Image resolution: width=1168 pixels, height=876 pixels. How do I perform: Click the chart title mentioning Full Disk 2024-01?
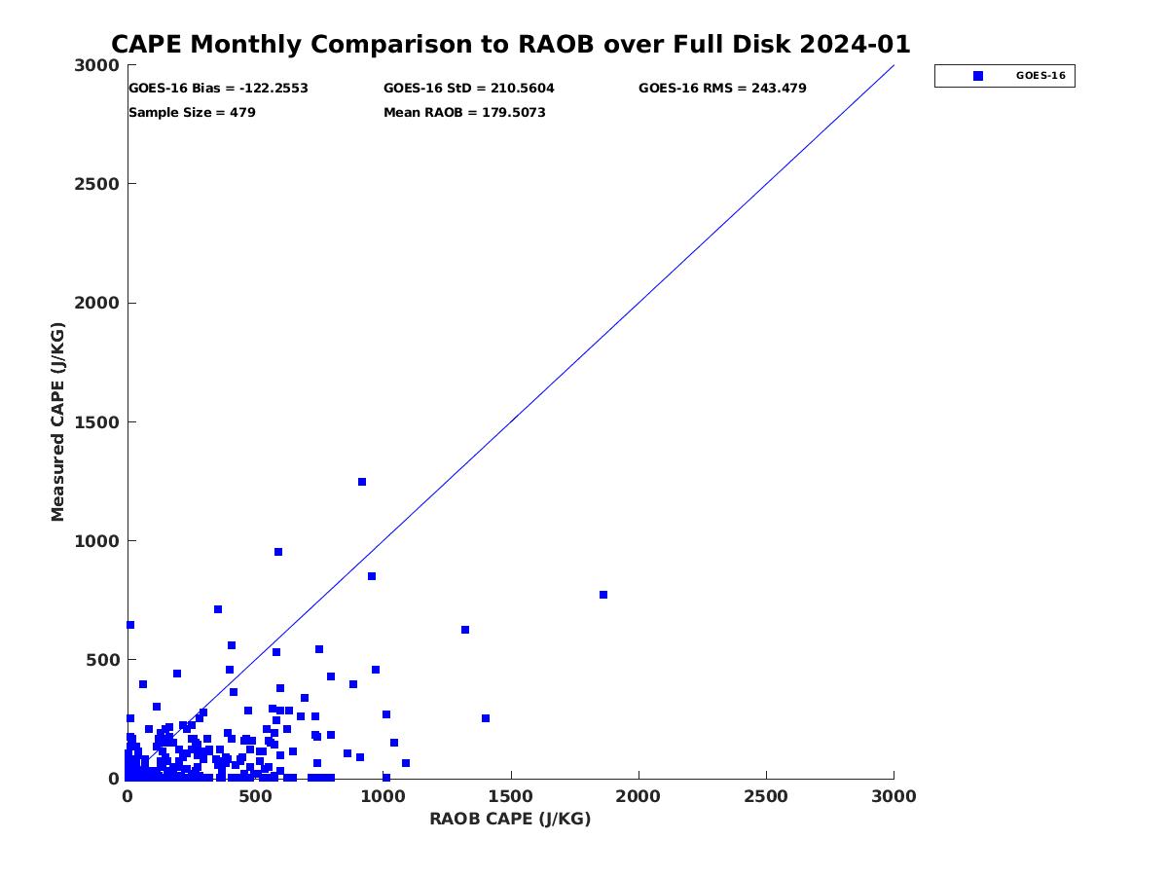coord(511,45)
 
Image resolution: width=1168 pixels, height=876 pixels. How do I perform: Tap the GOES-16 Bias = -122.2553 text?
coord(218,89)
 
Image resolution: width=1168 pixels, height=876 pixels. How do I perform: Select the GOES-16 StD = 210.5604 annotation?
coord(469,89)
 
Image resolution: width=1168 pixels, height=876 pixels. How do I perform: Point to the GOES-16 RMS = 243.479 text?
coord(722,89)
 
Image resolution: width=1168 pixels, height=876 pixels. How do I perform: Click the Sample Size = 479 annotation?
coord(192,113)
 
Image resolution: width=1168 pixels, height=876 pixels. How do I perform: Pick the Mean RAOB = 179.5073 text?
coord(464,113)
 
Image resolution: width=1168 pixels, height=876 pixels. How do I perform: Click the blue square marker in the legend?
coord(978,76)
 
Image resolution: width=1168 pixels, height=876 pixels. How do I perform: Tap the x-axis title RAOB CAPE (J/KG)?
coord(510,820)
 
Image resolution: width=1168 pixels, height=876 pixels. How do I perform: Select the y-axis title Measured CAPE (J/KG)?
coord(58,423)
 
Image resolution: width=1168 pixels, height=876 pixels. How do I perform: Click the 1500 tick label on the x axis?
coord(511,797)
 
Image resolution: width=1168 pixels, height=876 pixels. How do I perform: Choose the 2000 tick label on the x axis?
coord(639,797)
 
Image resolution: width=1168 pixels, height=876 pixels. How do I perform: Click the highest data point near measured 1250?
coord(362,482)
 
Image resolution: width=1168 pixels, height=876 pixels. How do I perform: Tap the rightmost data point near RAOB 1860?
coord(603,595)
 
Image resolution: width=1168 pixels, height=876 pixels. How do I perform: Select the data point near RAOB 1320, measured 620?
coord(465,630)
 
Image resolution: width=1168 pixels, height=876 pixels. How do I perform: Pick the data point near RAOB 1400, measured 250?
coord(486,718)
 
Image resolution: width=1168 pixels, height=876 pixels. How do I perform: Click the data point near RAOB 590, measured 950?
coord(278,552)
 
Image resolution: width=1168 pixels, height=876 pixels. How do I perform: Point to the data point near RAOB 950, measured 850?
coord(372,576)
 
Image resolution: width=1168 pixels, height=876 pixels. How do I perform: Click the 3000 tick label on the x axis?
coord(894,797)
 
